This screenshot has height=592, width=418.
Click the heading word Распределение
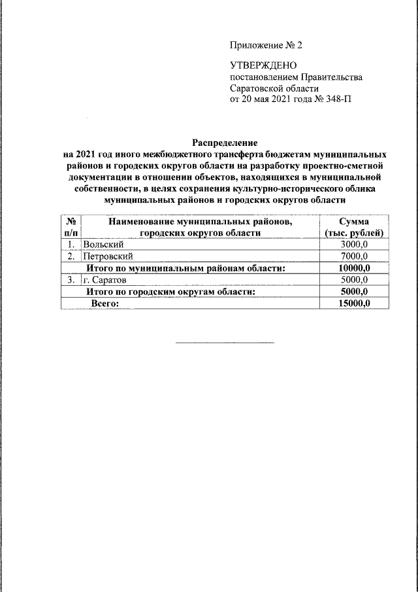[225, 142]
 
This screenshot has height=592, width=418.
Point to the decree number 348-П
[338, 99]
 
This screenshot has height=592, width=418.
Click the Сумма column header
[355, 221]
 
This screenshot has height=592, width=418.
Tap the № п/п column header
[71, 226]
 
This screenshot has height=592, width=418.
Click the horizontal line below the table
[225, 342]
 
